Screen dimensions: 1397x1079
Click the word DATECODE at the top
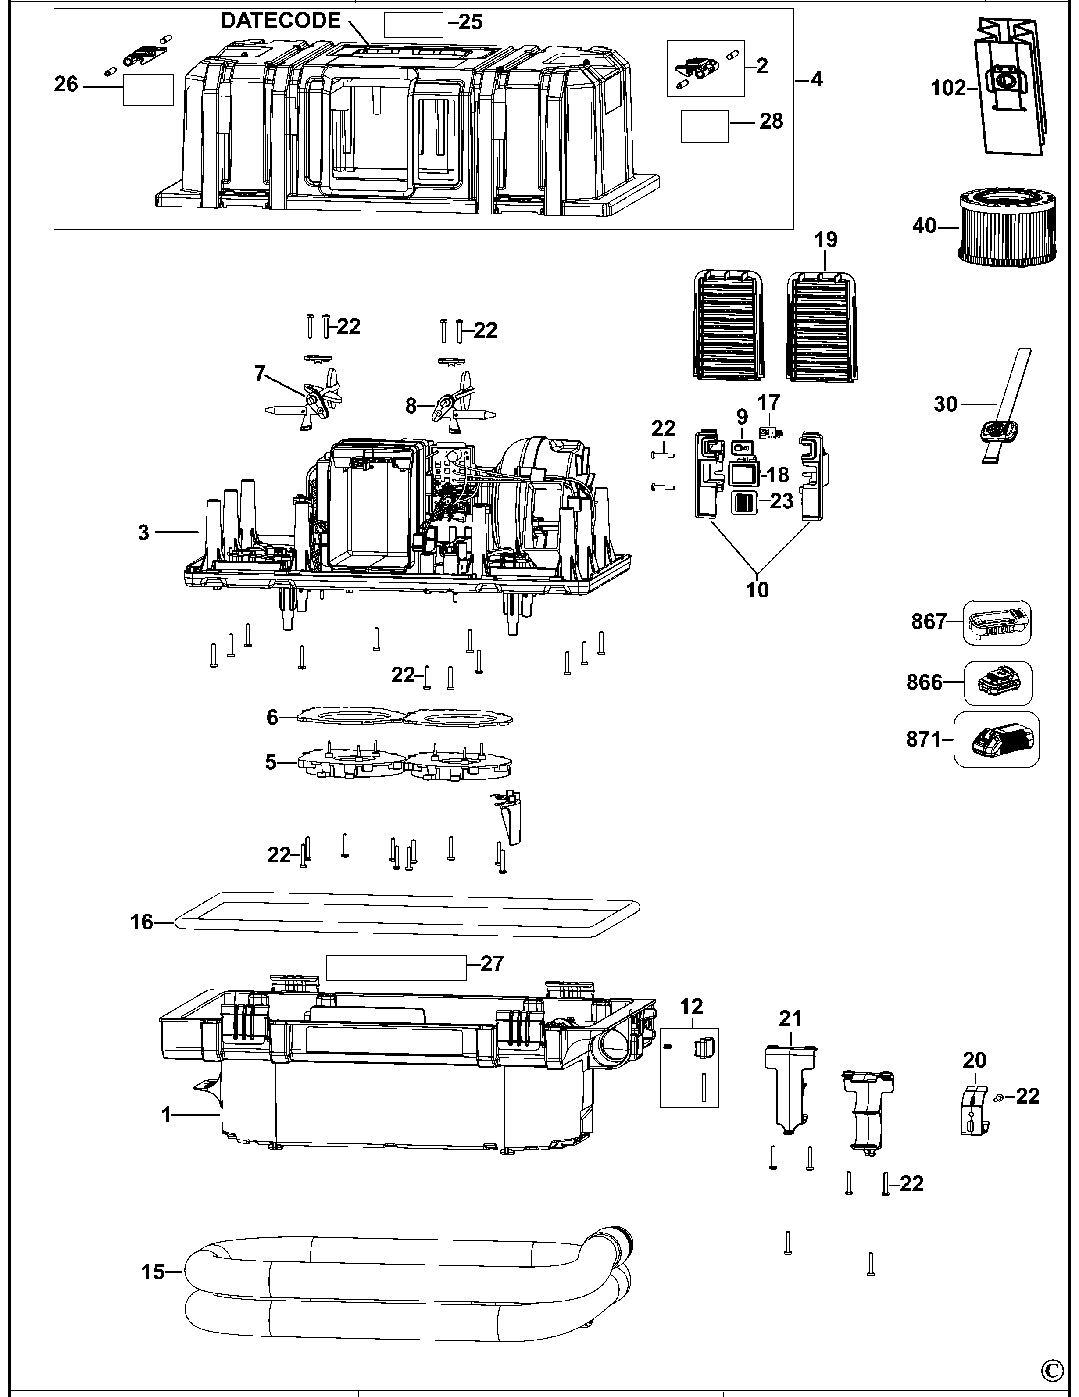[x=280, y=21]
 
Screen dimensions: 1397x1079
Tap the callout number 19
[x=826, y=240]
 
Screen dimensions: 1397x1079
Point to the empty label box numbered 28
[x=704, y=126]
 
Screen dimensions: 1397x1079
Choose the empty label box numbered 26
[x=148, y=89]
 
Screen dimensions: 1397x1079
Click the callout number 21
[x=790, y=1018]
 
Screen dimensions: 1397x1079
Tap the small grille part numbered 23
[x=743, y=502]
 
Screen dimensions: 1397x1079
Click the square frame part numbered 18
[x=743, y=474]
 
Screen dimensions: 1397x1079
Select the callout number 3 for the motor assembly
[x=143, y=532]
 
